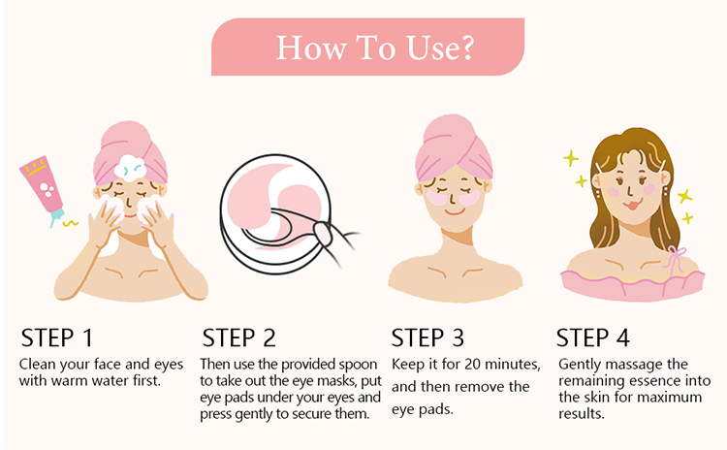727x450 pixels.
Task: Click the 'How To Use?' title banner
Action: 367,47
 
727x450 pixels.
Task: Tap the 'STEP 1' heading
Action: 57,337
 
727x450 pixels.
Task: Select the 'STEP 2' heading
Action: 238,337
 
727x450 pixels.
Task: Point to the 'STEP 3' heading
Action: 427,337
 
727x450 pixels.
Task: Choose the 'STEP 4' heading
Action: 592,337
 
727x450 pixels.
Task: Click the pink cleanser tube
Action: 43,189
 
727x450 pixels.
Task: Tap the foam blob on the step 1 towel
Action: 130,168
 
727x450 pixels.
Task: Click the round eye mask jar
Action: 275,214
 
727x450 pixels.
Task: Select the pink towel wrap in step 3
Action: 454,147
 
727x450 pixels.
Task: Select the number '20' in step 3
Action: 473,365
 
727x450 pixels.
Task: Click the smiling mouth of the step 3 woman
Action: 455,212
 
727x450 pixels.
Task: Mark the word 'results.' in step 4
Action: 582,414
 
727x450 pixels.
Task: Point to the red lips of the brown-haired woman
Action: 632,204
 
